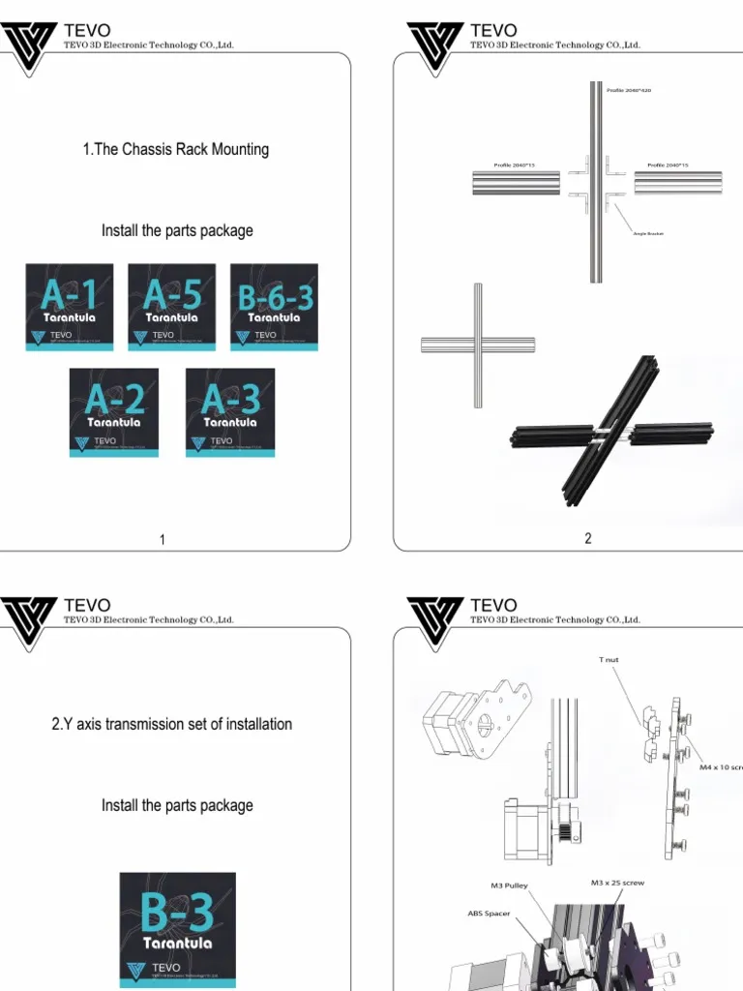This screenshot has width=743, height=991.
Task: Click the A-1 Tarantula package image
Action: point(69,307)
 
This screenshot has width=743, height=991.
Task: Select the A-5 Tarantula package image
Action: point(171,307)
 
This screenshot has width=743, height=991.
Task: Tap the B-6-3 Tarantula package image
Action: point(274,307)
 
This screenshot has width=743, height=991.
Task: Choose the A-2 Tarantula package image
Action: point(114,412)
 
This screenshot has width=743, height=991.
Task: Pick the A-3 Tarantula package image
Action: point(230,412)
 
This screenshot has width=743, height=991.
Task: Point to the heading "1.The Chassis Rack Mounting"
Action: point(176,149)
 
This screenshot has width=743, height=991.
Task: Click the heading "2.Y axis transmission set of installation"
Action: point(172,724)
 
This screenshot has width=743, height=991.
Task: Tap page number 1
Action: point(163,540)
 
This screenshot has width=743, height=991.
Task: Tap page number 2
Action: point(588,539)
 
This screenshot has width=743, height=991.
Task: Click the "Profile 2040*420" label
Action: point(629,90)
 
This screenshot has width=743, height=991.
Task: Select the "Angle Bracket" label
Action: point(648,234)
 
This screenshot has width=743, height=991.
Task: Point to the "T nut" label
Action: point(609,660)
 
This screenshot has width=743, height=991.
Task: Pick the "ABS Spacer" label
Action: point(490,914)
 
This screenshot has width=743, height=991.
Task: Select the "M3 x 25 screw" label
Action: point(617,883)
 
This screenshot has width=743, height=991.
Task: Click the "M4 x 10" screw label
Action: point(720,766)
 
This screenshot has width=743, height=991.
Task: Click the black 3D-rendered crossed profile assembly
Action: point(609,432)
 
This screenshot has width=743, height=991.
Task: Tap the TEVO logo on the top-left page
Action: point(31,43)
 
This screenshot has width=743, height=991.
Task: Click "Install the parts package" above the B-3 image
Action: point(177,805)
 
